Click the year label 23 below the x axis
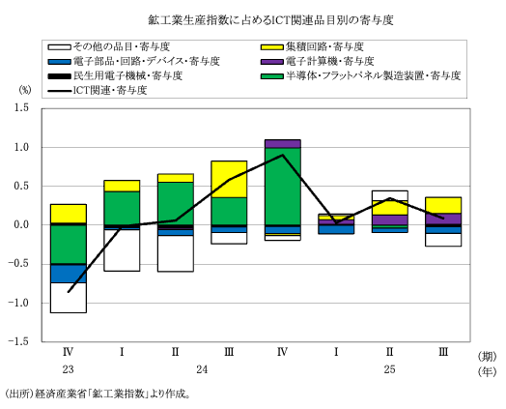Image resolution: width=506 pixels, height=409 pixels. pos(69,370)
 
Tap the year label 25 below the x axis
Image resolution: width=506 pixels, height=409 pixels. pos(389,370)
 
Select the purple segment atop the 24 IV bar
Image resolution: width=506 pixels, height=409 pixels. pos(282,143)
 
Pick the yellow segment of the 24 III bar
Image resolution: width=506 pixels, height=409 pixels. pos(229,179)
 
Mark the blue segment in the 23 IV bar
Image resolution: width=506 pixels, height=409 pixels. pos(69,273)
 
